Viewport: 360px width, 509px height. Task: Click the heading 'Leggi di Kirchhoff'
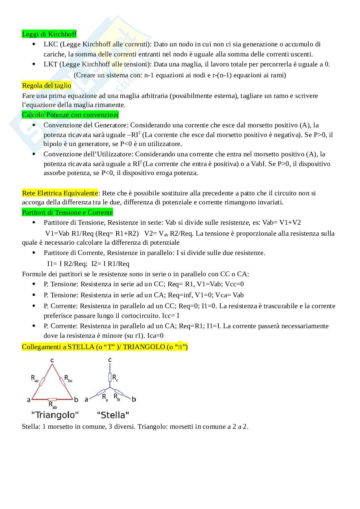(49, 34)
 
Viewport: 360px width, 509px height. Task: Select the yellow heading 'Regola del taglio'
(46, 85)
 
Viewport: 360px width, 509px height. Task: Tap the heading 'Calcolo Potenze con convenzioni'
(70, 115)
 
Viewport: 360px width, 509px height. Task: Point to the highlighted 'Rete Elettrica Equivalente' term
(60, 193)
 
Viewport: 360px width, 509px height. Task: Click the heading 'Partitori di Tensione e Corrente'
(67, 212)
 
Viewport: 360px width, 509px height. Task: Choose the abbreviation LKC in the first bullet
(50, 44)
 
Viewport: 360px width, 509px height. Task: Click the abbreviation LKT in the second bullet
(50, 64)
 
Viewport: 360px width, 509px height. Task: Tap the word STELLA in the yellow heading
(81, 347)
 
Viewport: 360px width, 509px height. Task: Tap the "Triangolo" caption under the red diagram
(55, 415)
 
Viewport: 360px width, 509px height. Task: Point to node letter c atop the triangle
(52, 360)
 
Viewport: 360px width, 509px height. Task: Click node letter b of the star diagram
(134, 399)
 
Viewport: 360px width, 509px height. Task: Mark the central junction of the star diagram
(110, 388)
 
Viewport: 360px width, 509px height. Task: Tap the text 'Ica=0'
(153, 336)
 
